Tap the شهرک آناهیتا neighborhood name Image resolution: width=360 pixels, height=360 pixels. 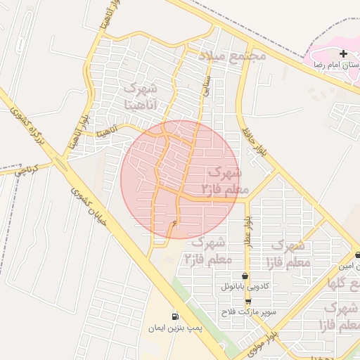pos(143,96)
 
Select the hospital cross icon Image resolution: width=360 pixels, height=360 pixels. pos(343,53)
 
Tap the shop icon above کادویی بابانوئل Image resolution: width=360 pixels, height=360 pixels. pos(245,276)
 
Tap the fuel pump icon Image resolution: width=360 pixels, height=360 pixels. pos(175,316)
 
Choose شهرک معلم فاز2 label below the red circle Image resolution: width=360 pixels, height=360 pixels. pos(205,250)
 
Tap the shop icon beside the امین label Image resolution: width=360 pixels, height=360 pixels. pos(358,255)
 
